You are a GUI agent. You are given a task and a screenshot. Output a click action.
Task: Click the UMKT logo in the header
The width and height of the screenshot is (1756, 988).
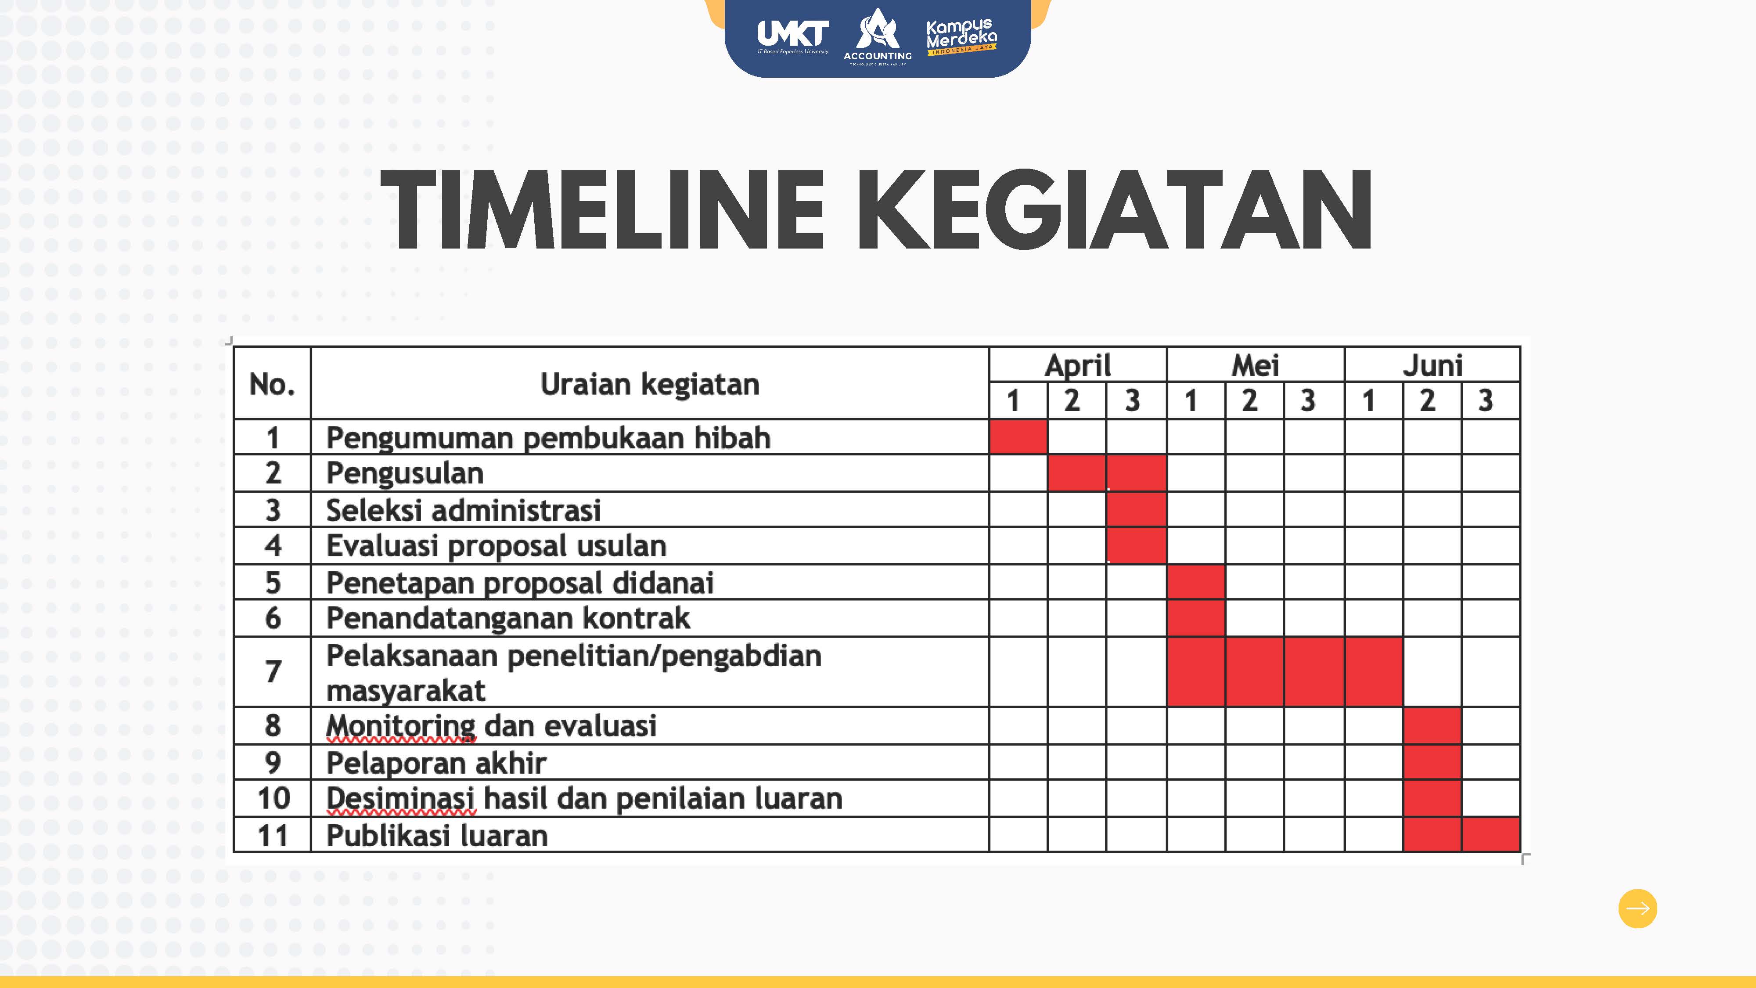793,36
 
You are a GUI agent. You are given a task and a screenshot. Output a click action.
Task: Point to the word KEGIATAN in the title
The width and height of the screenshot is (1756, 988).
1114,209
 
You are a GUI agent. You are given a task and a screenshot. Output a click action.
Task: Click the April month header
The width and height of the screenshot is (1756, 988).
1078,365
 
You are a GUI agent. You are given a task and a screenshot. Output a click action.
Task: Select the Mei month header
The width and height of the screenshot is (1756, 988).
1255,365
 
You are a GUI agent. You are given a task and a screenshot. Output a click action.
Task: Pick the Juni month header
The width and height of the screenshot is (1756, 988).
1432,365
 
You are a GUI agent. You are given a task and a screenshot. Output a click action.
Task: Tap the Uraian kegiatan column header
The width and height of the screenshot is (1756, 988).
650,384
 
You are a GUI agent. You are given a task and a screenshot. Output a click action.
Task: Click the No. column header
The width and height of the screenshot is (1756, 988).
272,384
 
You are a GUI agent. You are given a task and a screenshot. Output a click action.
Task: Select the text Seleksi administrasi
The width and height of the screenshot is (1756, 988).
464,510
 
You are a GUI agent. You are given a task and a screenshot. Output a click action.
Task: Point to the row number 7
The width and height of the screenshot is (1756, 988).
273,672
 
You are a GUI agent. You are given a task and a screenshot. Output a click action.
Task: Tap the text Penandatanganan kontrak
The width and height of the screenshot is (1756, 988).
508,618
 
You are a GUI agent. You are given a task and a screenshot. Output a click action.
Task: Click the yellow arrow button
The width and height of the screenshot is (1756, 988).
1637,908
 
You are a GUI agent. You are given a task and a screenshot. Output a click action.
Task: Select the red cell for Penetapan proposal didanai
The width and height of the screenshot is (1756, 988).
1196,582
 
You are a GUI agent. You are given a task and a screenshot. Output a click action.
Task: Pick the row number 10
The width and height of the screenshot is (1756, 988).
273,798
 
